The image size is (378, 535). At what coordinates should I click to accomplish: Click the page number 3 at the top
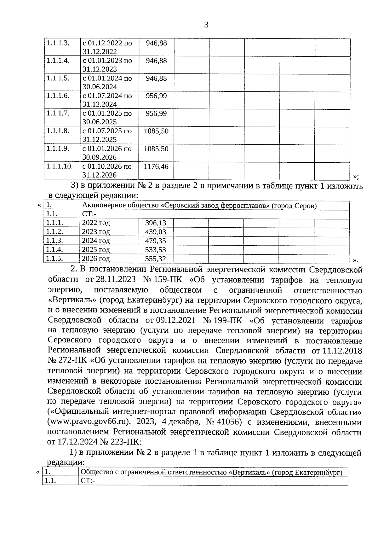pyautogui.click(x=206, y=25)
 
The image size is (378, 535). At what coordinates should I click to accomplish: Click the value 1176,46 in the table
pyautogui.click(x=156, y=166)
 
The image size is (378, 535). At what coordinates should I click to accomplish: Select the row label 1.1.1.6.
pyautogui.click(x=58, y=96)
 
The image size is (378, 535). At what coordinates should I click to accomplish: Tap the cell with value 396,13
pyautogui.click(x=156, y=223)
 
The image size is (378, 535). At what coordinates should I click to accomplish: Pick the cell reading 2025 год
pyautogui.click(x=96, y=250)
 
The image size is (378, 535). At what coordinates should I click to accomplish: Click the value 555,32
pyautogui.click(x=156, y=259)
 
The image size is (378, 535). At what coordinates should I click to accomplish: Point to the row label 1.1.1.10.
pyautogui.click(x=60, y=166)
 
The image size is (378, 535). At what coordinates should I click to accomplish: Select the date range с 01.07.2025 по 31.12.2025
pyautogui.click(x=107, y=135)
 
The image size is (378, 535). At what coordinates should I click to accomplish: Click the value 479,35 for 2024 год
pyautogui.click(x=156, y=241)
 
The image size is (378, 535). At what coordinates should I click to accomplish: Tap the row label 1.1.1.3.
pyautogui.click(x=58, y=43)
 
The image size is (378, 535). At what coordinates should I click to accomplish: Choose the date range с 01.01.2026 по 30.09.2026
pyautogui.click(x=107, y=153)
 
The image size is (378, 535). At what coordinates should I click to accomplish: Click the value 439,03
pyautogui.click(x=156, y=232)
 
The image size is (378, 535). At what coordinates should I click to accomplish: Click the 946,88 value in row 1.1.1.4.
pyautogui.click(x=156, y=61)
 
